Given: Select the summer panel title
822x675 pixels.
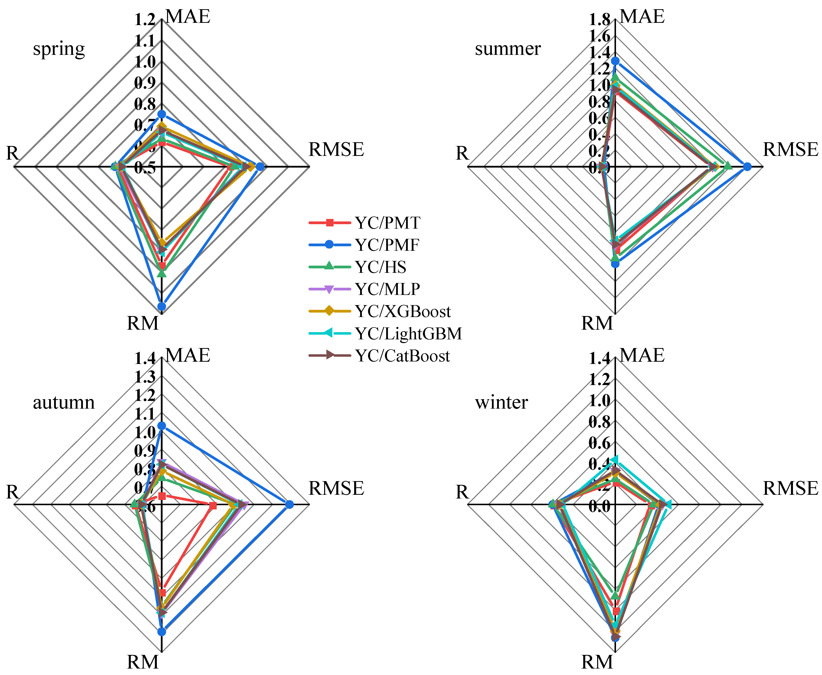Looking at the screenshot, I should point(508,49).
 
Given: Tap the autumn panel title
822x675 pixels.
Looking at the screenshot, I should point(64,402).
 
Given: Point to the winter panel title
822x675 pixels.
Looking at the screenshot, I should point(501,402).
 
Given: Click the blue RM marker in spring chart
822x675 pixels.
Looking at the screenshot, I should point(162,307).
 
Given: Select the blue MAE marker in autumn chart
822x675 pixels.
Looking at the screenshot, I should point(162,426).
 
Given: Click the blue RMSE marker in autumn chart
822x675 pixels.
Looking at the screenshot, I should point(289,505).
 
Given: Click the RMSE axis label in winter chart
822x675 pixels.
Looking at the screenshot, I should point(790,488).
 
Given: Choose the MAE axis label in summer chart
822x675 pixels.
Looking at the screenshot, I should point(642,17).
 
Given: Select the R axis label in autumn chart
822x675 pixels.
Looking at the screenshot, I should point(12,492).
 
